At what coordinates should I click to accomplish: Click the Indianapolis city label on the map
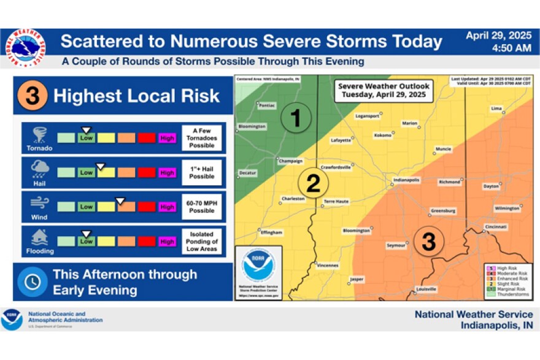406,180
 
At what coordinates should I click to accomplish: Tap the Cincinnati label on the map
495,227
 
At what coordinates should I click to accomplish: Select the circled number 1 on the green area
296,118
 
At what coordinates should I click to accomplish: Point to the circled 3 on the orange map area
428,241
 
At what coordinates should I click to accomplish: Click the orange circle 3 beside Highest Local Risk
32,96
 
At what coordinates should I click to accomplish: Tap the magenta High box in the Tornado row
167,138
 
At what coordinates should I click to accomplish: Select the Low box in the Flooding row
87,241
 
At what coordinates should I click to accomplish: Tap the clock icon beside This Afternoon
32,281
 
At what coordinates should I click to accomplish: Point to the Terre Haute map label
337,201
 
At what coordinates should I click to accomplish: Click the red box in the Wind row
147,207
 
